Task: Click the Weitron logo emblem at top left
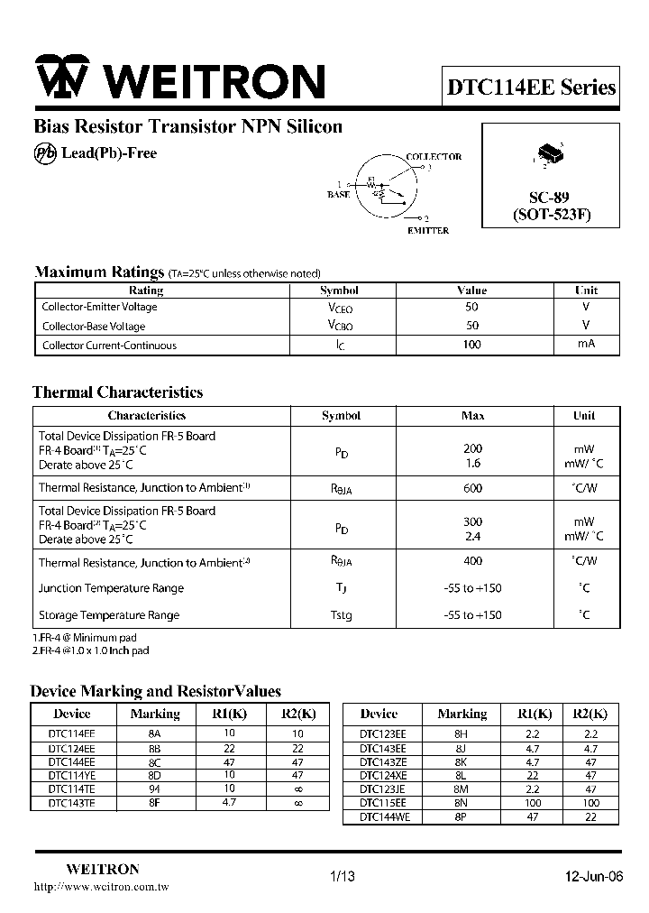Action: (x=61, y=79)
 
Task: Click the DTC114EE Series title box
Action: (x=532, y=88)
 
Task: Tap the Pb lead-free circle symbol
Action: (x=45, y=153)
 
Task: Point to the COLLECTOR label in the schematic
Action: (x=434, y=156)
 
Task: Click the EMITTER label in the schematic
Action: (x=427, y=231)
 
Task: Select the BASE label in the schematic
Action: (x=339, y=194)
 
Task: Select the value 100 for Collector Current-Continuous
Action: (x=471, y=345)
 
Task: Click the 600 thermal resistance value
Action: (x=472, y=488)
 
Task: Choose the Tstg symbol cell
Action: (x=340, y=615)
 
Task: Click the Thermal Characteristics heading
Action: (x=117, y=392)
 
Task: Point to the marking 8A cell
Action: (x=154, y=734)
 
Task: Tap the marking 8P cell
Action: (x=461, y=816)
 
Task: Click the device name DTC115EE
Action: (x=383, y=802)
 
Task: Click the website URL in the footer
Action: (x=101, y=888)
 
